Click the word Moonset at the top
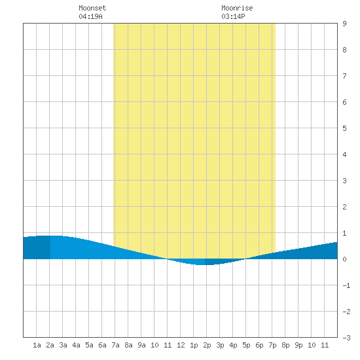92,8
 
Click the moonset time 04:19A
90,16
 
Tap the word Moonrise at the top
237,8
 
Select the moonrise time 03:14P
233,16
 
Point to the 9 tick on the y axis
344,24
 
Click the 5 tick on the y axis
344,128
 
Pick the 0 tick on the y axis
344,259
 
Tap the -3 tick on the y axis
346,338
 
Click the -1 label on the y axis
346,285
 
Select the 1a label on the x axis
37,345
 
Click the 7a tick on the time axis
115,345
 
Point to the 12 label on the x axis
181,345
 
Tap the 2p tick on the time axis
207,345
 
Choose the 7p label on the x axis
272,345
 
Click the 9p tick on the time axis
298,345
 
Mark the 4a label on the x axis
76,345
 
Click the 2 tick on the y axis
344,207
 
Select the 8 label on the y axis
344,50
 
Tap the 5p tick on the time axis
246,345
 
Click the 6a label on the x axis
102,345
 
